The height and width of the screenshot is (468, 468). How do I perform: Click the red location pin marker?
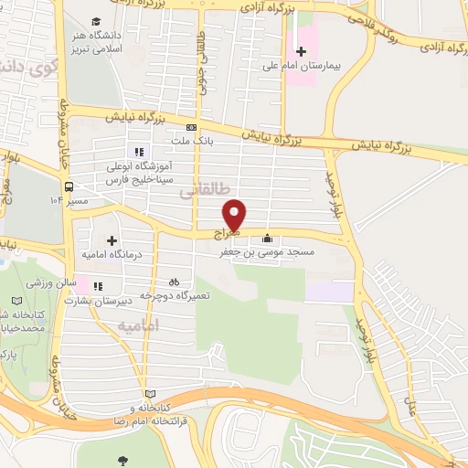[235, 213]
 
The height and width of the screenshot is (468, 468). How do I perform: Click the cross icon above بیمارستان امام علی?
[302, 51]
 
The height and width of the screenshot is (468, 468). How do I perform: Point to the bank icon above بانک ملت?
[191, 128]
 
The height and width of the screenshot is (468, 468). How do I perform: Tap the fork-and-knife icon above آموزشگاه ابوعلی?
[138, 153]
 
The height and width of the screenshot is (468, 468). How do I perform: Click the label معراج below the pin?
[226, 234]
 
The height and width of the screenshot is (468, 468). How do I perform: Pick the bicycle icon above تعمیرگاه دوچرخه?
[174, 282]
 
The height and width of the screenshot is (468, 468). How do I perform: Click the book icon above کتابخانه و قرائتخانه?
[150, 394]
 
